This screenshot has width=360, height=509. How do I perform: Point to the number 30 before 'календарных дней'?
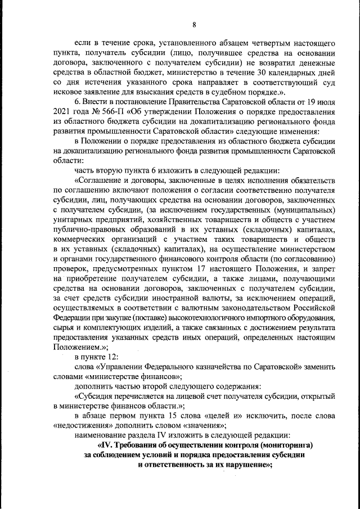tap(255, 73)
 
